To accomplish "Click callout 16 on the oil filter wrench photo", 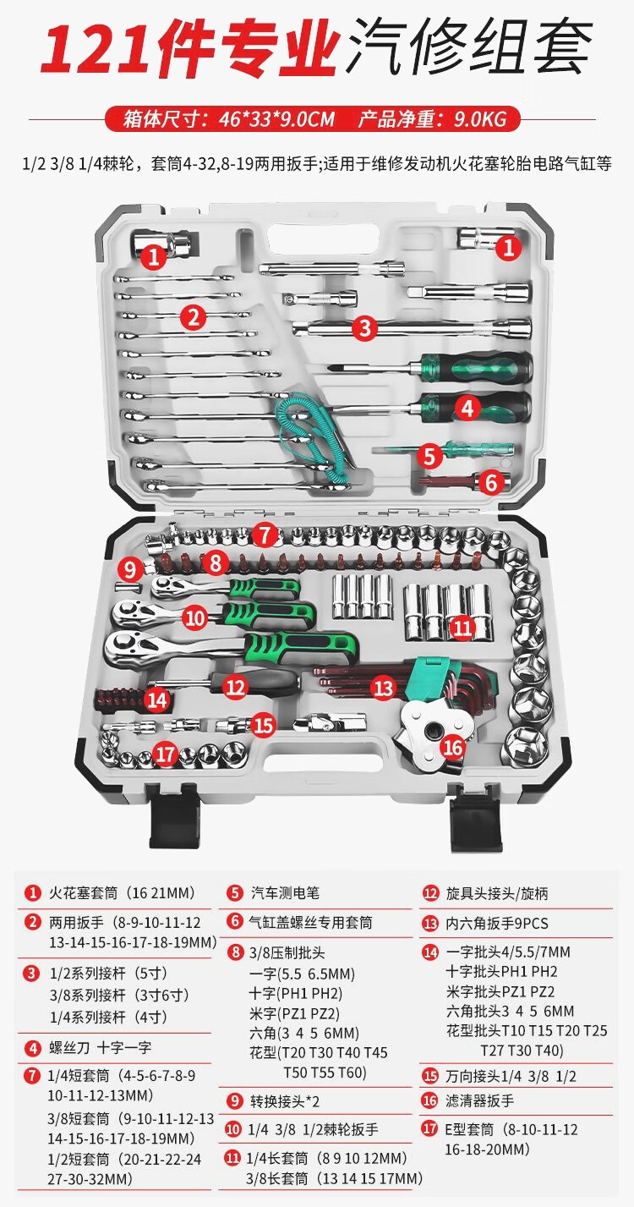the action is click(452, 747).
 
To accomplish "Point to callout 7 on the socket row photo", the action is click(265, 535).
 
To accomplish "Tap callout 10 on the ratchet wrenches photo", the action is click(195, 617).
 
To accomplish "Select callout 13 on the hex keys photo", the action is click(384, 687).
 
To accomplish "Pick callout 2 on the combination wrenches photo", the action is click(194, 317).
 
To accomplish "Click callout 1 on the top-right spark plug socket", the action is click(507, 247).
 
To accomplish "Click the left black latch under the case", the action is click(175, 820).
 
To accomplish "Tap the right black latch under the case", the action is click(475, 821).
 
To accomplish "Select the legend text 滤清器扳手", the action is click(480, 1100).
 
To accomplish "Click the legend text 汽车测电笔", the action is click(285, 892).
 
